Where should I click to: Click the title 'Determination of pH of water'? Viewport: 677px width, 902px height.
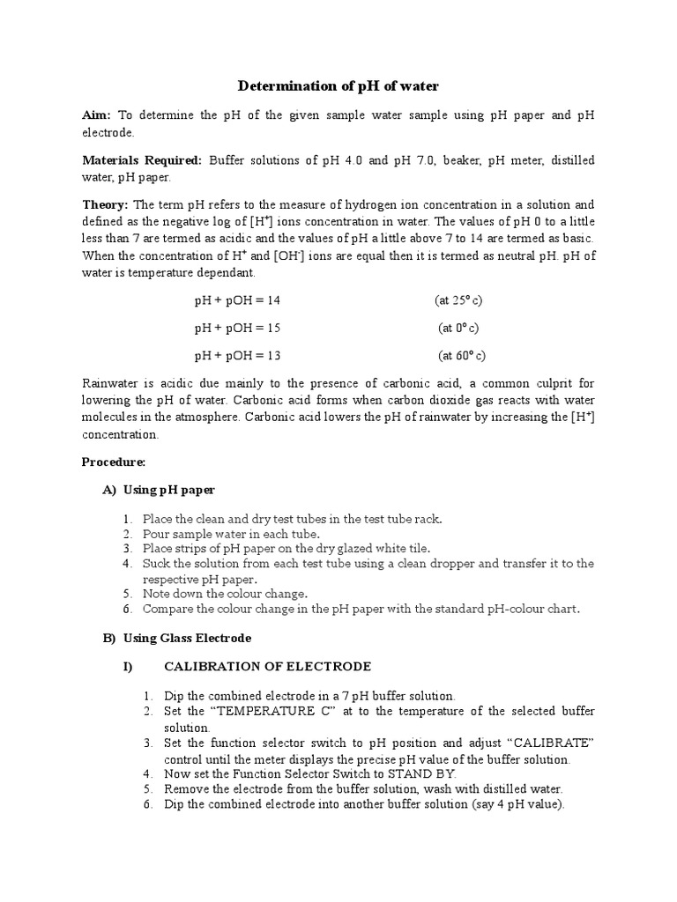338,86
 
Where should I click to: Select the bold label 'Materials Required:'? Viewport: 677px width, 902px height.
141,160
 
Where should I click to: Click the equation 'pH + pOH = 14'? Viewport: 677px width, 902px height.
237,300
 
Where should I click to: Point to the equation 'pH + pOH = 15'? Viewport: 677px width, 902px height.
237,328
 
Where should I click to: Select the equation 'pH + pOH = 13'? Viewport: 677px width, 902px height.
237,356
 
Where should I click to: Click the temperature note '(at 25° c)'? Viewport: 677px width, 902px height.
458,300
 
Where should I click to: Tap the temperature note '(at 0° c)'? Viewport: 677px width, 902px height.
458,328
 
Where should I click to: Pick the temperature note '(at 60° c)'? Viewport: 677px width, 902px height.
462,356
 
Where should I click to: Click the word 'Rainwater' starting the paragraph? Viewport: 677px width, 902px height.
110,383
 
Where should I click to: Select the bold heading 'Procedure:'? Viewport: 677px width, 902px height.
113,462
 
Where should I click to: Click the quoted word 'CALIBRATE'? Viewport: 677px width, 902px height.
554,743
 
